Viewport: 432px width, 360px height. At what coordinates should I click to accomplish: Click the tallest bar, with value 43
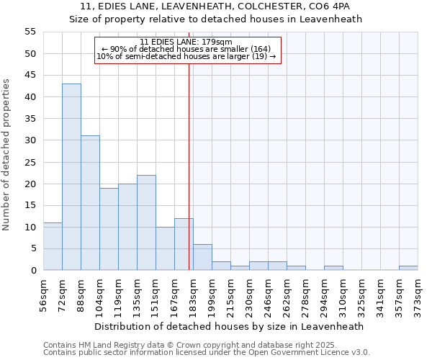(x=71, y=177)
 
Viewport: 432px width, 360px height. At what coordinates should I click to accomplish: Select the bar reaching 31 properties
(x=90, y=203)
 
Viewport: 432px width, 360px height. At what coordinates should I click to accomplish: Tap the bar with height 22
(x=146, y=222)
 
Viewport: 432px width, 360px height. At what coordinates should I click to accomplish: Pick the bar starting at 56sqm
(x=53, y=246)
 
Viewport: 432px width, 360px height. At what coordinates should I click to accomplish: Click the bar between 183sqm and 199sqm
(x=202, y=257)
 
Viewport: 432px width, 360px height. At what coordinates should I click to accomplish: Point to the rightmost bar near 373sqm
(x=408, y=268)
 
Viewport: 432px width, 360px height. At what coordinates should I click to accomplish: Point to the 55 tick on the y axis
(x=30, y=32)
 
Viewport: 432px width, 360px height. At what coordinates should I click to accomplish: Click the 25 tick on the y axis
(x=30, y=162)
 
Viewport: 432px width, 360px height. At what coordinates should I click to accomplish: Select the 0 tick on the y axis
(x=33, y=271)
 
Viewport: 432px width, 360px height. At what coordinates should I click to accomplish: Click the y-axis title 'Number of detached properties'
(x=7, y=155)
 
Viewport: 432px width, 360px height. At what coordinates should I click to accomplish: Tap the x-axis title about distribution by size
(x=229, y=326)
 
